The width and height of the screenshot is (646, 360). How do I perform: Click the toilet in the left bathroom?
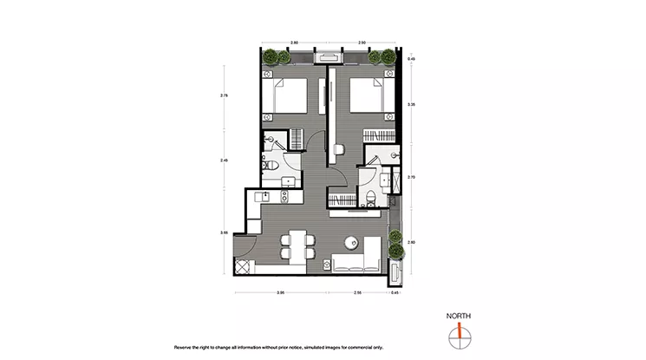pos(270,166)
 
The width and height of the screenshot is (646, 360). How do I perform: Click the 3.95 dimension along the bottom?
pos(280,293)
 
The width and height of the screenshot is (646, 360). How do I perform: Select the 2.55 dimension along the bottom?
pos(356,293)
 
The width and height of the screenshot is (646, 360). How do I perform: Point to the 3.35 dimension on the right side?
pos(412,103)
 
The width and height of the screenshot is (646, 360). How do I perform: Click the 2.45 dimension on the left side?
pos(224,160)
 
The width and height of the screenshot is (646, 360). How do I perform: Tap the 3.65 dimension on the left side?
pos(224,232)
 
